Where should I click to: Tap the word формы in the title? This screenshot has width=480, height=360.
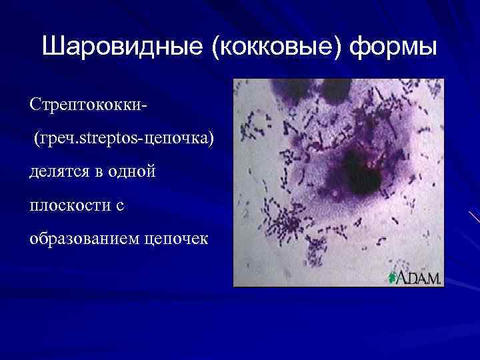tap(394, 48)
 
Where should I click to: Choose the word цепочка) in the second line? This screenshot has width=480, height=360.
tap(180, 139)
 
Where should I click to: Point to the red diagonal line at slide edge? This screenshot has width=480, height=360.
tap(475, 217)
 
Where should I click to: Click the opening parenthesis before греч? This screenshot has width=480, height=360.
tap(37, 139)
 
